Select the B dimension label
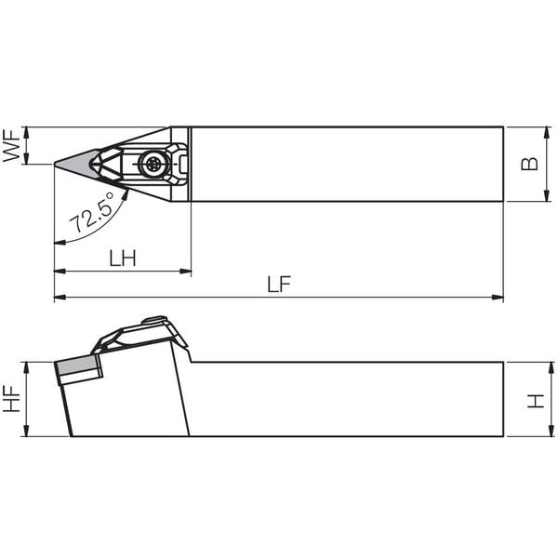click(x=529, y=164)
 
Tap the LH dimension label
click(x=123, y=258)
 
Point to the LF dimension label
click(x=279, y=284)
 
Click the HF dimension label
click(x=11, y=399)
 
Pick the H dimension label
click(x=536, y=401)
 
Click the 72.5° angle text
click(x=92, y=212)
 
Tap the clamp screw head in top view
click(x=153, y=164)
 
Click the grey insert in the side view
click(x=76, y=364)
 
